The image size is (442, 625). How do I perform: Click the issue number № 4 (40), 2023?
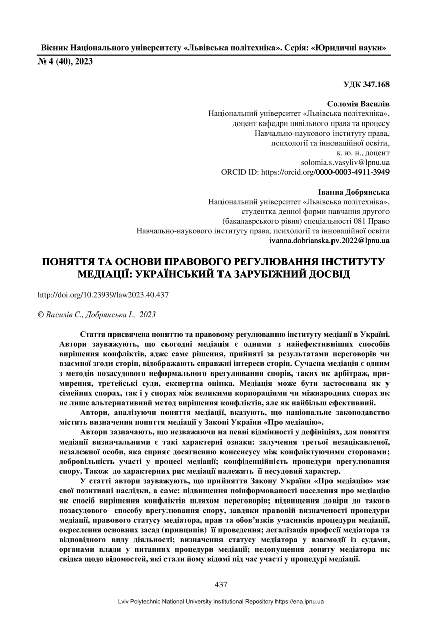coord(66,61)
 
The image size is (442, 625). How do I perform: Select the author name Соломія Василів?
coord(358,104)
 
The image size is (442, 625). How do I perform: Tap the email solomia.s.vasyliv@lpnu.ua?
coord(345,163)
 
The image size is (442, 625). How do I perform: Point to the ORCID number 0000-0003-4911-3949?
coord(352,172)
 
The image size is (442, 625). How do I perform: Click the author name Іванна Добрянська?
coord(354,193)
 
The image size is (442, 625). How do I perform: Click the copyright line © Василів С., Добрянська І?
coord(97,315)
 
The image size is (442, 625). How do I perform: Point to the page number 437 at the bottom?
coord(221,585)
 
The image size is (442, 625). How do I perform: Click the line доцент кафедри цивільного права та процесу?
coord(310,123)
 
